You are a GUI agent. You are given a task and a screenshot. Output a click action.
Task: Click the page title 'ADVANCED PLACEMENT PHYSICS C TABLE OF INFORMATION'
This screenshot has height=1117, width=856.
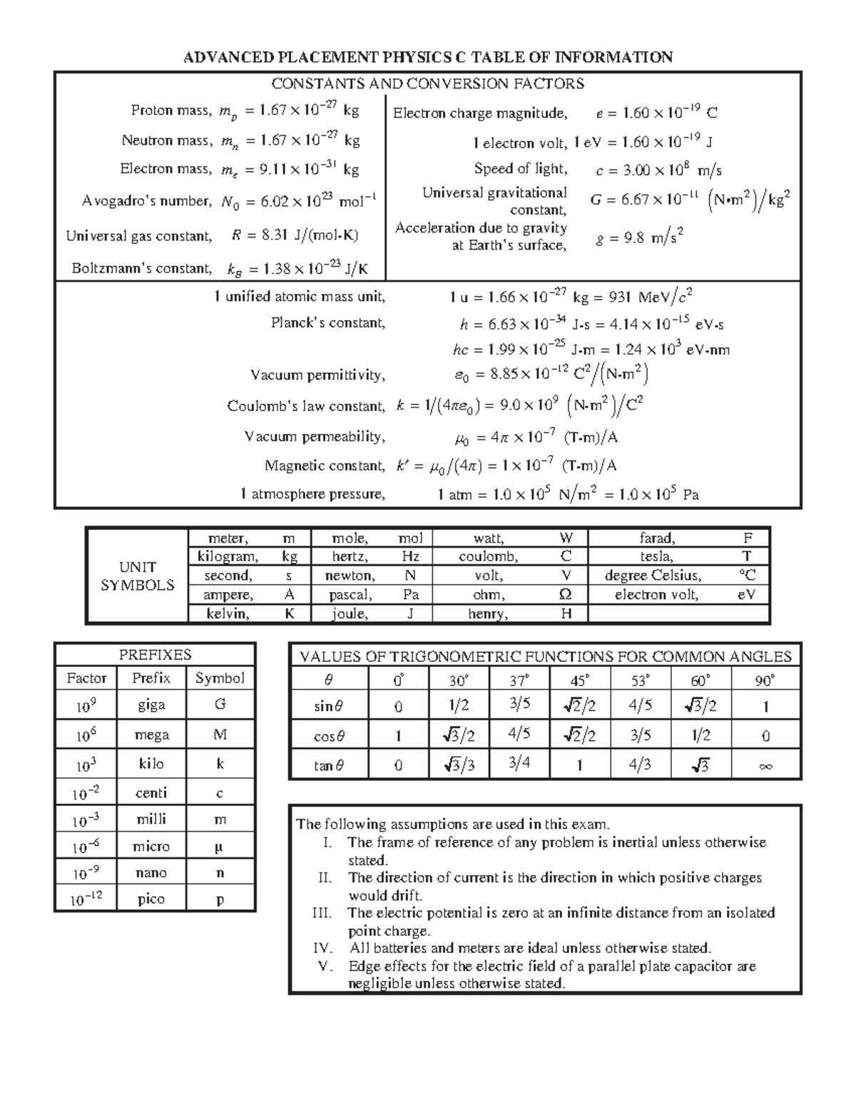click(x=428, y=57)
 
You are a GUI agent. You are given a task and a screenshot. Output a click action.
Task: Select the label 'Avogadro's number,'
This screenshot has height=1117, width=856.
click(x=147, y=201)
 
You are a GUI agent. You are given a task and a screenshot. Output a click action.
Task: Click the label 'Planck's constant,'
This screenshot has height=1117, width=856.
click(x=328, y=323)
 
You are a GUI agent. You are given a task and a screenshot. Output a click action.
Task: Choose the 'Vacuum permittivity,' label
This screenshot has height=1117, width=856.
click(x=317, y=375)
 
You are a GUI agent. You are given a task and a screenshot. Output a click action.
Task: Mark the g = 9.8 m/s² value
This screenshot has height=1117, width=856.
click(x=640, y=238)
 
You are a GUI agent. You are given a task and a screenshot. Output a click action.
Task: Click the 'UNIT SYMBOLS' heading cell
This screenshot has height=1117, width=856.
click(x=138, y=576)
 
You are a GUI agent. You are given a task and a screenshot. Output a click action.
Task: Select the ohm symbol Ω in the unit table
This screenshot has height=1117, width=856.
click(x=566, y=595)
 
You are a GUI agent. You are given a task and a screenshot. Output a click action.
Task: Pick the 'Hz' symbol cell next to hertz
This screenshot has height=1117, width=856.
click(x=410, y=556)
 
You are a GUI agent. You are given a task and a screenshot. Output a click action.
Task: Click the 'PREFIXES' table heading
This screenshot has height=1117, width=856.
click(x=155, y=654)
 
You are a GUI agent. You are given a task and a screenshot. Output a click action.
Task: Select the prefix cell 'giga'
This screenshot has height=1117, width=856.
click(x=151, y=705)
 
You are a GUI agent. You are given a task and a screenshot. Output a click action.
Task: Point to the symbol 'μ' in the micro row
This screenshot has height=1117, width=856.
click(x=220, y=847)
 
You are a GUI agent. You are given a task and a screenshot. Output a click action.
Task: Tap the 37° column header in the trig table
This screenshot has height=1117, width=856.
click(x=520, y=680)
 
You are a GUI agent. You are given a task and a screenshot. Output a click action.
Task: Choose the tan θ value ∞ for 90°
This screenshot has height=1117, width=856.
click(x=765, y=767)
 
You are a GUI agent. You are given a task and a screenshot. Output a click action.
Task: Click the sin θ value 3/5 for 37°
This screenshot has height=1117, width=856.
click(x=520, y=705)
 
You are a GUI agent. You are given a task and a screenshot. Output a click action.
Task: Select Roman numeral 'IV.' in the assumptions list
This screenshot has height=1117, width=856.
click(x=323, y=949)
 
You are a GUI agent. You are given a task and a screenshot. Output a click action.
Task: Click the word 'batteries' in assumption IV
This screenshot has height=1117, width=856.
click(x=399, y=949)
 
